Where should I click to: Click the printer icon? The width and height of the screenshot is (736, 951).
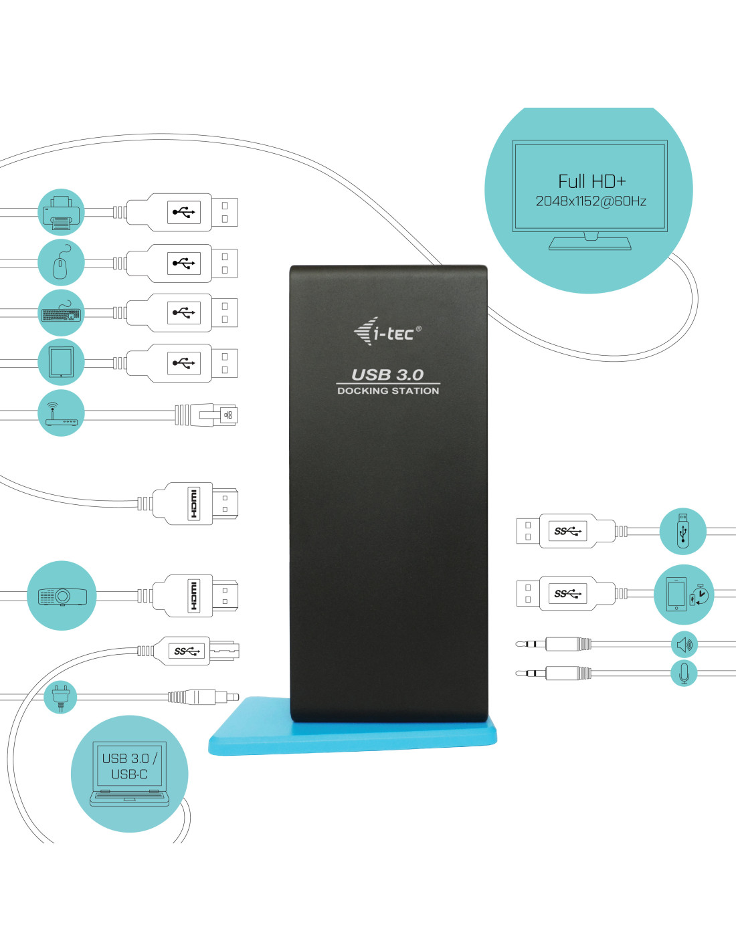tap(62, 212)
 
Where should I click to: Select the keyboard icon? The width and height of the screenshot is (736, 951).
tap(62, 313)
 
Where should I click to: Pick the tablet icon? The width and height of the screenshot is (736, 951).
tap(62, 362)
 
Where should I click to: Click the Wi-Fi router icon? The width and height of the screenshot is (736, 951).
tap(62, 413)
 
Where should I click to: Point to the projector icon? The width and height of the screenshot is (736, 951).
tap(62, 595)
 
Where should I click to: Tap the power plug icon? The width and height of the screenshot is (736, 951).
tap(60, 696)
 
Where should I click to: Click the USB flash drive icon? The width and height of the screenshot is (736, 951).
tap(682, 531)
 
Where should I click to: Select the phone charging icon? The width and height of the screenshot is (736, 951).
tap(684, 595)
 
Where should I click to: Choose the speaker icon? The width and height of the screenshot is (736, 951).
tap(684, 645)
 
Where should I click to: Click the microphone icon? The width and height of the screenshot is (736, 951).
tap(684, 673)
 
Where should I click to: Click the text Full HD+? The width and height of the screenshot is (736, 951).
tap(591, 181)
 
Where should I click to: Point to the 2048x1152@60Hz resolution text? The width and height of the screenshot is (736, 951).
tap(591, 201)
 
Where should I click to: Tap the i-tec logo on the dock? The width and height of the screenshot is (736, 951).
tap(387, 331)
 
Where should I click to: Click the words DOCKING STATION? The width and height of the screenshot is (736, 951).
tap(388, 391)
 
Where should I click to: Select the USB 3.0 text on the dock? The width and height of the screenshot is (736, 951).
tap(387, 375)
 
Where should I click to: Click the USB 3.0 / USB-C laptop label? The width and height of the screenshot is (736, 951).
tap(129, 766)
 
